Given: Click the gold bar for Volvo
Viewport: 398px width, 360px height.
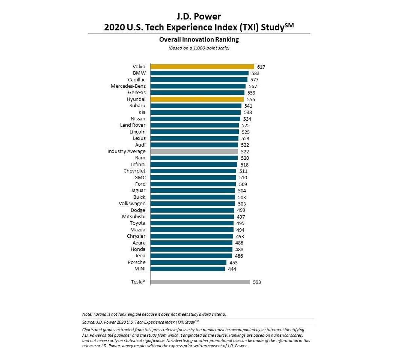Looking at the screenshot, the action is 202,67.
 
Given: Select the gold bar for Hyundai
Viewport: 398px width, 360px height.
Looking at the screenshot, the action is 197,99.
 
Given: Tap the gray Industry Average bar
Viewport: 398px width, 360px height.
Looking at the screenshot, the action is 194,151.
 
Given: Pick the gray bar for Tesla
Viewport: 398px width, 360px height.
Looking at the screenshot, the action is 200,282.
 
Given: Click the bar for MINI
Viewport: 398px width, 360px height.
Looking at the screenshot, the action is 188,269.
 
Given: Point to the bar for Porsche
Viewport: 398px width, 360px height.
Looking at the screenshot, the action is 188,262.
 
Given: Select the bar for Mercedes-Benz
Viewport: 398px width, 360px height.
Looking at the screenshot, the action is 198,86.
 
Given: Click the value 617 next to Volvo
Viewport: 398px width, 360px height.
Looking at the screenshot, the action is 261,67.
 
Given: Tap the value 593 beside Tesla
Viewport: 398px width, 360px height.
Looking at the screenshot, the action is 257,282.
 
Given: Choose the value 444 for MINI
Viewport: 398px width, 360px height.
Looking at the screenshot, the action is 232,269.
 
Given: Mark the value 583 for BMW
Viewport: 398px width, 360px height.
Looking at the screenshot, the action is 255,73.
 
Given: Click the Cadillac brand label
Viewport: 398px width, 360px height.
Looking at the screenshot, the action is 137,79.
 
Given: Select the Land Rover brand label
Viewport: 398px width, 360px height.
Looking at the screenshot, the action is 133,125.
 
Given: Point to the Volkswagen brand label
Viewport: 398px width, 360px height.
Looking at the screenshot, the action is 132,204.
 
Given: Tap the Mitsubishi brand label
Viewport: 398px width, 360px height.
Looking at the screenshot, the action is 134,216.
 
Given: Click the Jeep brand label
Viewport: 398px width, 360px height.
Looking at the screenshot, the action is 140,256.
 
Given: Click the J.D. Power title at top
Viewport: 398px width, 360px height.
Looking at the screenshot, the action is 199,16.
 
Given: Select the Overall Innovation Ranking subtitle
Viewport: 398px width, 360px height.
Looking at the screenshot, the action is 199,39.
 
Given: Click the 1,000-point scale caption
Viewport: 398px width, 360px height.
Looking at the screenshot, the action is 199,48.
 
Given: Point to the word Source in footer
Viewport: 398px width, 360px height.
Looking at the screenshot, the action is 88,322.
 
